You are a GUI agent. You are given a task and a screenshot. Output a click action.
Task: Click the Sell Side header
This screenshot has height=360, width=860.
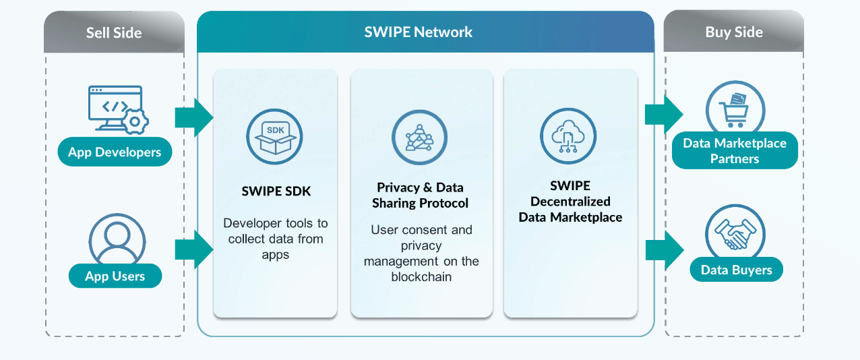114,32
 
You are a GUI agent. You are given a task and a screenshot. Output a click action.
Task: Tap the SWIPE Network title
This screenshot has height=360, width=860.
418,32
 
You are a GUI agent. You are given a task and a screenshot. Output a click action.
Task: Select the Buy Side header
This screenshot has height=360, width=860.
734,32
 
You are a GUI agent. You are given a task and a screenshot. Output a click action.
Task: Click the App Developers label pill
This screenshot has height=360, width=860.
115,152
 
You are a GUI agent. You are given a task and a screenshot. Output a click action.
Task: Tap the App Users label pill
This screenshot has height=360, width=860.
115,276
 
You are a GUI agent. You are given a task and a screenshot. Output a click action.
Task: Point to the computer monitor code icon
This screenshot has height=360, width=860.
115,108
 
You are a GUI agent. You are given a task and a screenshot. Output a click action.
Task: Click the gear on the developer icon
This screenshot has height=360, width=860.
135,122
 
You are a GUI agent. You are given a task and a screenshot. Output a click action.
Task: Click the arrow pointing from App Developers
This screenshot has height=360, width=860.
194,117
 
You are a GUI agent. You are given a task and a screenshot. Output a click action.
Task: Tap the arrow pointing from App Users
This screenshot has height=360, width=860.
194,249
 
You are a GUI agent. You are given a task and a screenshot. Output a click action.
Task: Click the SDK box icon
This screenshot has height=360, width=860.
274,137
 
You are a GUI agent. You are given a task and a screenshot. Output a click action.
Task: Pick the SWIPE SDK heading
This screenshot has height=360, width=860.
276,191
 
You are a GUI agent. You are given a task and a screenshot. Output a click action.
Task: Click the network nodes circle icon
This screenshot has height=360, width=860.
420,137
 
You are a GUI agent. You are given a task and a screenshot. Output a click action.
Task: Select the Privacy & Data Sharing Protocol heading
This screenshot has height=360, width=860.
420,196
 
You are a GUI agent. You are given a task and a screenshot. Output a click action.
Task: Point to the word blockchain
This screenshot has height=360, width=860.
421,276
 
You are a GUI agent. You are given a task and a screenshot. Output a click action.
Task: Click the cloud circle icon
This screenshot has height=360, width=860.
568,136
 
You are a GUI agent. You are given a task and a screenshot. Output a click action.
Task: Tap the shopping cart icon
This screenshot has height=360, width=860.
735,110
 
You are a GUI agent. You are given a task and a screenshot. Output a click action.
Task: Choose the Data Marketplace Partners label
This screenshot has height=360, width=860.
735,150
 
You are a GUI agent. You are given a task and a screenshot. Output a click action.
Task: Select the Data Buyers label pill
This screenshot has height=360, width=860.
737,270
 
